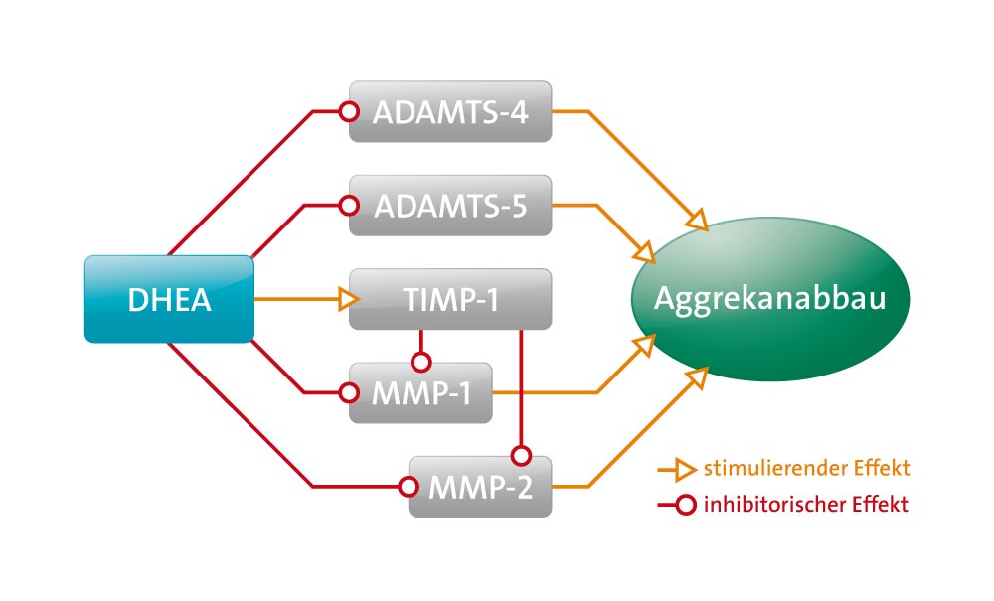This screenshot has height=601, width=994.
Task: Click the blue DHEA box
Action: (169, 299)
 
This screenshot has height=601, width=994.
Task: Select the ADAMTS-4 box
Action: (450, 111)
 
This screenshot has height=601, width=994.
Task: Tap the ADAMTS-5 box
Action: (450, 206)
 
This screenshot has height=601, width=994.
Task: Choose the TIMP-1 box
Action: (450, 299)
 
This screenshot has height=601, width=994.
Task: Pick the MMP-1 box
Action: (420, 392)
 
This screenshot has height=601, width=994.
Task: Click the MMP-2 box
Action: (480, 487)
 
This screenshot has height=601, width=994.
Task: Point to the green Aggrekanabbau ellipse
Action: (770, 299)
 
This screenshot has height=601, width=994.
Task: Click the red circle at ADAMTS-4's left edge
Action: (349, 111)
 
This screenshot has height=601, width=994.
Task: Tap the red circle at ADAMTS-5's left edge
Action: (349, 206)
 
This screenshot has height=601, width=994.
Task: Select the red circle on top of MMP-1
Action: (420, 362)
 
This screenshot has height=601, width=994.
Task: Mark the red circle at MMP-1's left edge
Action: (349, 392)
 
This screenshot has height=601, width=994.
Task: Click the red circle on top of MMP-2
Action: (521, 455)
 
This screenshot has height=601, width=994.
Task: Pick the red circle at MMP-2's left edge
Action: (409, 487)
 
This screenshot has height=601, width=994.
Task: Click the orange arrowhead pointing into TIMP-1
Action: (349, 299)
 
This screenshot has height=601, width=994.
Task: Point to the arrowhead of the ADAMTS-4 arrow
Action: (698, 220)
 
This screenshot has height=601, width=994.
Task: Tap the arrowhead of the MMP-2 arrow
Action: (698, 378)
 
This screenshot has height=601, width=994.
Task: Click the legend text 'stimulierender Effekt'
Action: (806, 469)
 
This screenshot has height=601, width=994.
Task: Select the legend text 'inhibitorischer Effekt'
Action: (806, 504)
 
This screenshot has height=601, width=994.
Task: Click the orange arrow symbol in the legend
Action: (677, 469)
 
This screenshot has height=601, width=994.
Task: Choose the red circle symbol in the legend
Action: (685, 505)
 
